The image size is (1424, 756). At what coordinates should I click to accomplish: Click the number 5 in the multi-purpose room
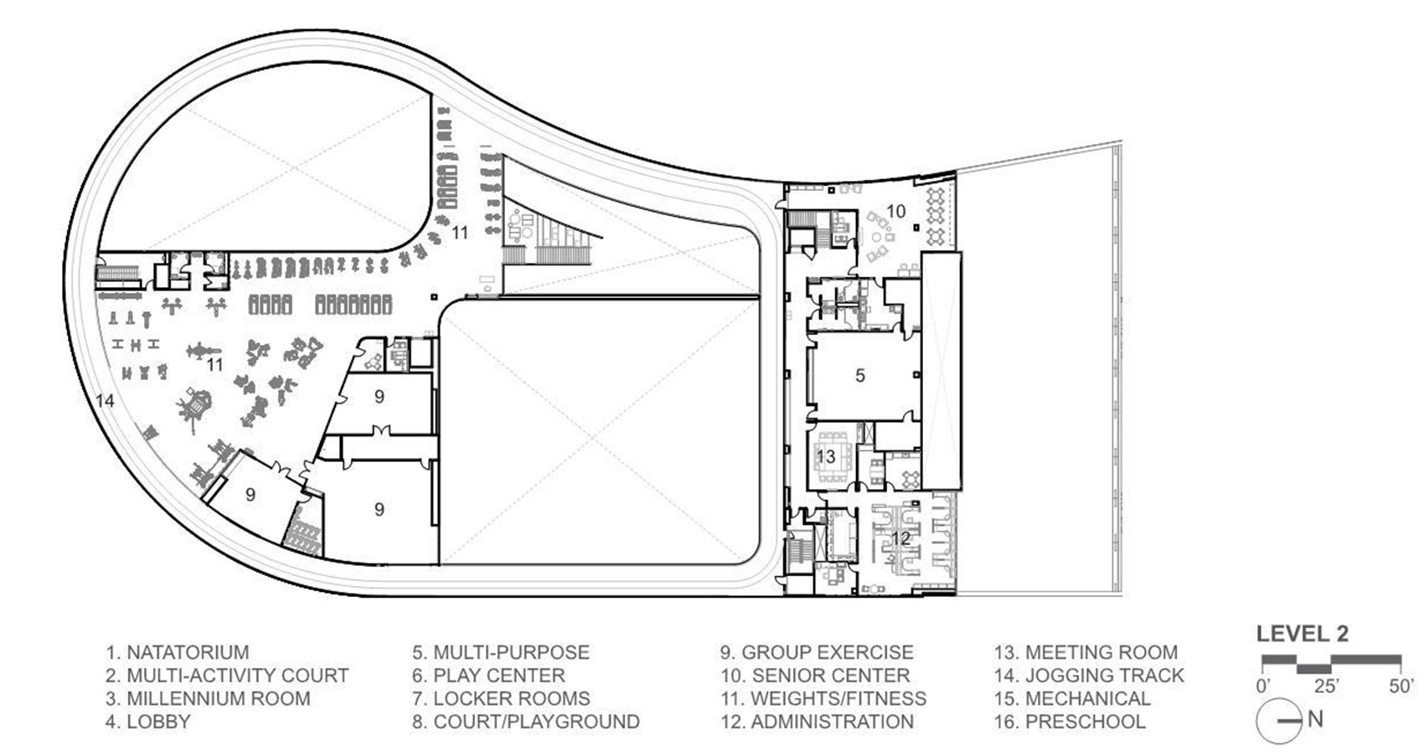click(859, 375)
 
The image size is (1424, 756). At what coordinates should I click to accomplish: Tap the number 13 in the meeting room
click(825, 456)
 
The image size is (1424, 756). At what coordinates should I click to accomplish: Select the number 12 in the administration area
click(900, 538)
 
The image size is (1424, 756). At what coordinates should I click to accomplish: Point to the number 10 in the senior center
click(895, 211)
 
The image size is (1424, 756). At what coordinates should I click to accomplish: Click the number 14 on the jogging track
click(105, 401)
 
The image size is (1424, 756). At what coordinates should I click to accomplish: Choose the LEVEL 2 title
click(1302, 634)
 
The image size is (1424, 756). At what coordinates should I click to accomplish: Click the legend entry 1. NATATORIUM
click(178, 652)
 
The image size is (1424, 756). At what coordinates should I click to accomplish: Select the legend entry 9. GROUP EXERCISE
click(817, 652)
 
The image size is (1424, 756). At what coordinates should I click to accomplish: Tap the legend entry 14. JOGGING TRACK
click(1089, 676)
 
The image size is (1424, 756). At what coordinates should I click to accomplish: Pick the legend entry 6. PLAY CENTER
click(488, 676)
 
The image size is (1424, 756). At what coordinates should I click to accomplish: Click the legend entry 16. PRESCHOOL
click(1070, 722)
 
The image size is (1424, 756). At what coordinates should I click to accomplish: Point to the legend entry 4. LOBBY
click(148, 722)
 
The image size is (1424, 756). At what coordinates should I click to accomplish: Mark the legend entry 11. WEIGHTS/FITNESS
click(823, 699)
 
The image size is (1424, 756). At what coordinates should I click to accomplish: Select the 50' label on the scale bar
click(1402, 687)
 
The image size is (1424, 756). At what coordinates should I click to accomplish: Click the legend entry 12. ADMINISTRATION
click(817, 722)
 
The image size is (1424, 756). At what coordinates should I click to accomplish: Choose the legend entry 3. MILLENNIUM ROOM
click(208, 699)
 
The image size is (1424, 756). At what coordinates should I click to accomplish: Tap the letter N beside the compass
click(1315, 719)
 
